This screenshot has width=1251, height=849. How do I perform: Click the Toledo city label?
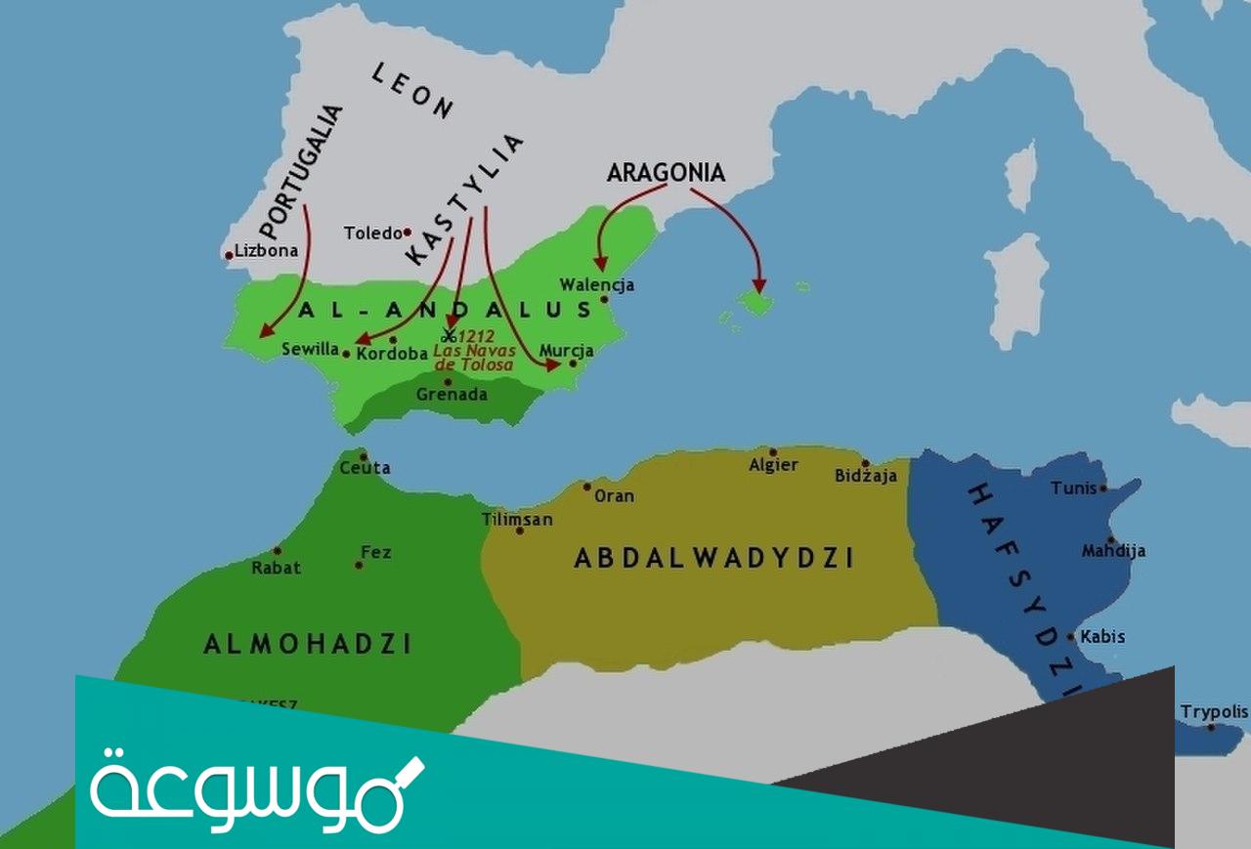coord(372,233)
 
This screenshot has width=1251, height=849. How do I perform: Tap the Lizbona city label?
coord(266,251)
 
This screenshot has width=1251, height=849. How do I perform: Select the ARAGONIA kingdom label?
coord(666,173)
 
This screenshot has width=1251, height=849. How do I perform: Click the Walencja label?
coord(596,285)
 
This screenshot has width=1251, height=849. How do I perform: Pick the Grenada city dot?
coord(448,382)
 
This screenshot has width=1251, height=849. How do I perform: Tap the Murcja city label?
coord(566,351)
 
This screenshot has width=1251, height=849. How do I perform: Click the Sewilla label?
coord(310,349)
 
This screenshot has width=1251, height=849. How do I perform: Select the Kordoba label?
coord(392,354)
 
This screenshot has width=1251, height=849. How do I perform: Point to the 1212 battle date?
coord(478,334)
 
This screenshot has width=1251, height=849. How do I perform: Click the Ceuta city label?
coord(365,468)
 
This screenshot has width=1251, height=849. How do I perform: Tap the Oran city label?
coord(614,496)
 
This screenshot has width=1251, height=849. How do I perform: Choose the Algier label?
coord(773,465)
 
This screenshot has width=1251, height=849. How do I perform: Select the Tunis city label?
coord(1074,488)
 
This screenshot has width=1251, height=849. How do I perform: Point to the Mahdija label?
coord(1113,551)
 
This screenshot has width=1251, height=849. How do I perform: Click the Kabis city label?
coord(1101,637)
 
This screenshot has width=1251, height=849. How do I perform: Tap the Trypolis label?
coord(1214,712)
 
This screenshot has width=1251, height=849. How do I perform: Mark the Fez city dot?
coord(359,565)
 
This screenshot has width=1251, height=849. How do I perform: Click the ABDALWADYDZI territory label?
coord(713,558)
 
